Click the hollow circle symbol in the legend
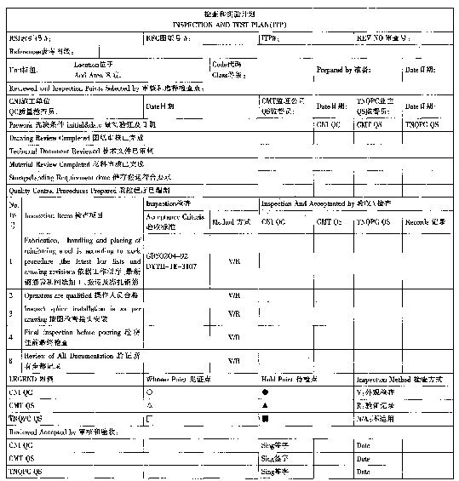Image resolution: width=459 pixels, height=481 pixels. coord(150,392)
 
